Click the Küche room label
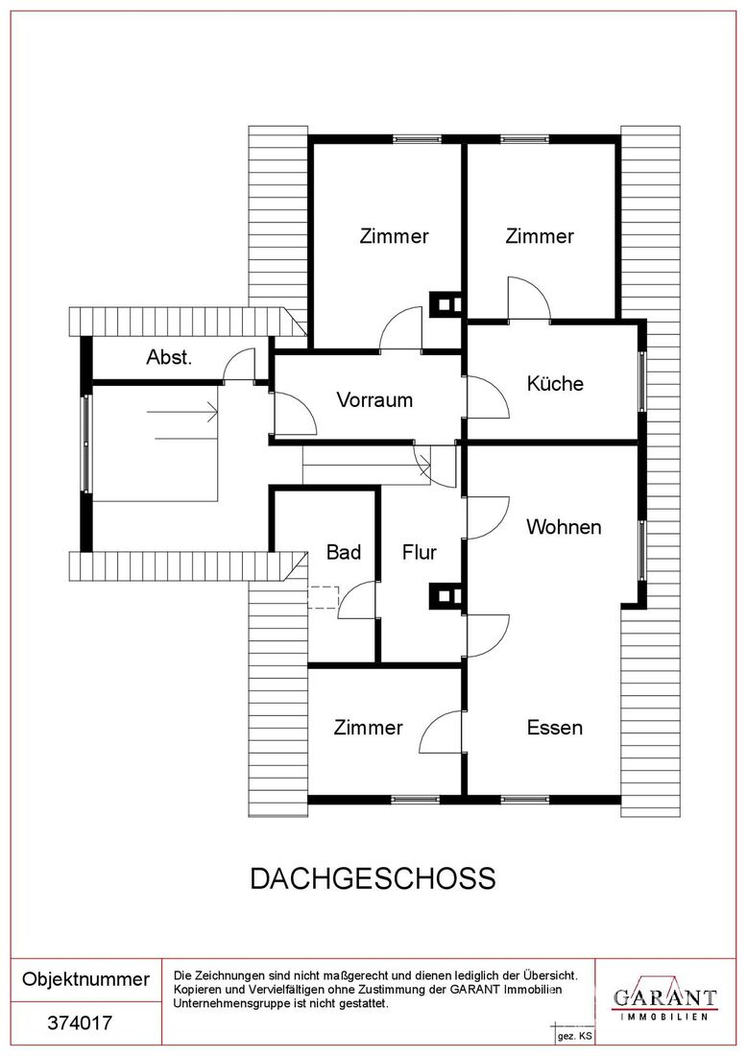(555, 384)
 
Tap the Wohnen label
(564, 527)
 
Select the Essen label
(554, 728)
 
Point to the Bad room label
(344, 552)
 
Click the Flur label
(419, 552)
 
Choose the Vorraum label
(374, 400)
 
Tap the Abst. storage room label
(169, 357)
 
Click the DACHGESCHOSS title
(373, 878)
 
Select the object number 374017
(80, 1023)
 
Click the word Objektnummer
(85, 979)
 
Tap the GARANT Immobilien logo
(664, 1000)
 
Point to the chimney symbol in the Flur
(446, 597)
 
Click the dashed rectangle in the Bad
(324, 598)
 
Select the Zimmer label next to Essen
(368, 728)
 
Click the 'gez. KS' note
(574, 1037)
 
